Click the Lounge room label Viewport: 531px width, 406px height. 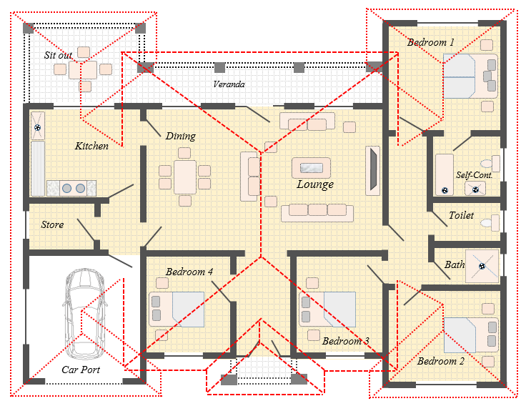(315, 184)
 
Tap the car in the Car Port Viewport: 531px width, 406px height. (84, 314)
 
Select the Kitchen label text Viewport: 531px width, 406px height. (91, 146)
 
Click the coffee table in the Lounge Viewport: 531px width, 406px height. (311, 167)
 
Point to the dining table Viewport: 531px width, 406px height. (185, 177)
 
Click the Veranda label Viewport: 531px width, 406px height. (229, 84)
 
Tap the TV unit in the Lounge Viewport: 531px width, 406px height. (372, 171)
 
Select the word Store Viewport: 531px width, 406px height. (52, 224)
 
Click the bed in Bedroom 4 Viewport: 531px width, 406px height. (177, 310)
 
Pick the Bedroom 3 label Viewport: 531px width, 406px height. (345, 341)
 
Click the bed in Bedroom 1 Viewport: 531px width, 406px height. (470, 76)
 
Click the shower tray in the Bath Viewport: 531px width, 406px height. (482, 266)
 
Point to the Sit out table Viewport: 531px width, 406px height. (83, 70)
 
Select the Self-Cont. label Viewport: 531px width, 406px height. (474, 175)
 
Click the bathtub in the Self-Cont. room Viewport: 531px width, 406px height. (445, 174)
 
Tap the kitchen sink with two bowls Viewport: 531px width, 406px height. (73, 188)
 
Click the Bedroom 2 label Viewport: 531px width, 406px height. (440, 361)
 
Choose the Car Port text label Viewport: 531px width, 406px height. (81, 370)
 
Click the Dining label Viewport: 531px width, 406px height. (181, 136)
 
